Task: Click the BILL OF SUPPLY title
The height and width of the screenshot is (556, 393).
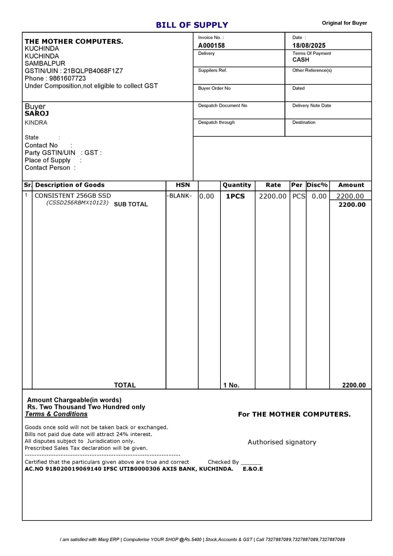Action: tap(192, 25)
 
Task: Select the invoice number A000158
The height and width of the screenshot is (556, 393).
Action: tap(211, 46)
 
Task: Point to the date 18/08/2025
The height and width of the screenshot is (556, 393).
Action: tap(309, 46)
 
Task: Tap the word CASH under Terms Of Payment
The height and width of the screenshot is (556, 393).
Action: tap(300, 60)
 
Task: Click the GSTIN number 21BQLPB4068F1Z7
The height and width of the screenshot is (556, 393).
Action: tap(93, 71)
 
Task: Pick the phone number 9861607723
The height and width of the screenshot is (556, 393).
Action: tap(67, 79)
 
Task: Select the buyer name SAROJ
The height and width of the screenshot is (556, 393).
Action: tap(37, 114)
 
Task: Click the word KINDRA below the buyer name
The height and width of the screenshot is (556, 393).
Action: tap(36, 123)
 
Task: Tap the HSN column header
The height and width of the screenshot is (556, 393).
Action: tap(183, 185)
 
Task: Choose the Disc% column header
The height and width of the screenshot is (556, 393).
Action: tap(317, 185)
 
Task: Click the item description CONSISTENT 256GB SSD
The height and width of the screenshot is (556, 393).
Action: tap(73, 196)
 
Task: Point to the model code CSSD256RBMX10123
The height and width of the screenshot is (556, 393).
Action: tap(77, 203)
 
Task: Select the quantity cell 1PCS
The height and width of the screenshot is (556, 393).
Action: tap(235, 196)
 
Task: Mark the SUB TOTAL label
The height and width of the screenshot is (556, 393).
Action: tap(131, 204)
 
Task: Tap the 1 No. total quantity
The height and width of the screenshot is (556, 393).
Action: tap(231, 385)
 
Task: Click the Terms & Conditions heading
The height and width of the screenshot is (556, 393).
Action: tap(56, 414)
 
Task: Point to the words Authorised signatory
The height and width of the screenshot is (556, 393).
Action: tap(282, 442)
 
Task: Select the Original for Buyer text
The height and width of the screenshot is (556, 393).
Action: tap(344, 23)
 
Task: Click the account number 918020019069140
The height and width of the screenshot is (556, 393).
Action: tap(73, 469)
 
